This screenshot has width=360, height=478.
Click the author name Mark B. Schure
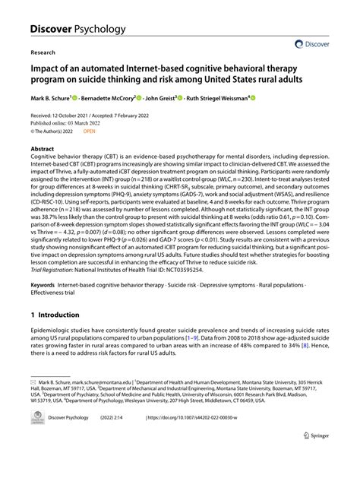[x=50, y=98]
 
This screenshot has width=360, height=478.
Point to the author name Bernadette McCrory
[x=108, y=98]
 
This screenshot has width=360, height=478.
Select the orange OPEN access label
[x=90, y=131]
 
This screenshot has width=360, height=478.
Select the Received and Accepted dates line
[x=94, y=114]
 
